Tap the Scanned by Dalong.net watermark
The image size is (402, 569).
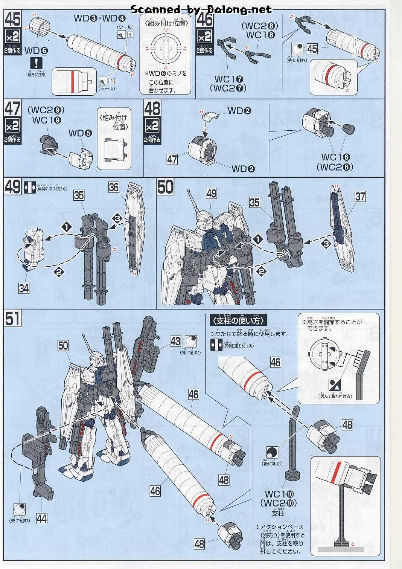click(x=201, y=9)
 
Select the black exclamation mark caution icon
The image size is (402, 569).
click(x=37, y=63)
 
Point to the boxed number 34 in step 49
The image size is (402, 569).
click(x=23, y=288)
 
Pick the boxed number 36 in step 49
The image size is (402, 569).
click(x=114, y=187)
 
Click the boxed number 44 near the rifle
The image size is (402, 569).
click(x=42, y=519)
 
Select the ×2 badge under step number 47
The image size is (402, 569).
click(x=13, y=126)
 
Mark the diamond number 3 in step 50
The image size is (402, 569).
click(x=326, y=244)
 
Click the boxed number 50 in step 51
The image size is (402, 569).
click(x=63, y=345)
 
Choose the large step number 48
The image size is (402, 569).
click(x=152, y=109)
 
